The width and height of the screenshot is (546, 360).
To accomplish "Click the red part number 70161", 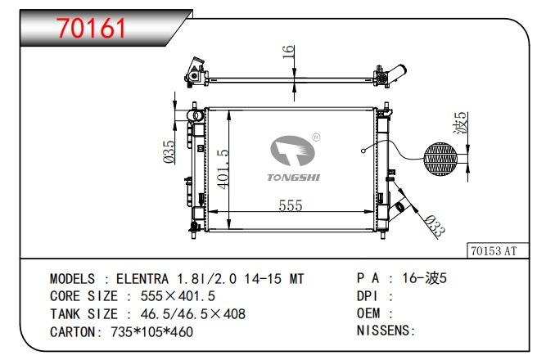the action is (91, 28).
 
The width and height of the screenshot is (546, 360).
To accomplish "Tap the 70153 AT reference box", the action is (498, 250).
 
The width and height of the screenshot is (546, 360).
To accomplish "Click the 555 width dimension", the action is (291, 205).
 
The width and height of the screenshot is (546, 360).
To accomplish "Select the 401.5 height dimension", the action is (223, 169).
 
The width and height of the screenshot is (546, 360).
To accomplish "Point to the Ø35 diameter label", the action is (169, 152).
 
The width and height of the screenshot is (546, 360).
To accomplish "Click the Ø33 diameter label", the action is (435, 226).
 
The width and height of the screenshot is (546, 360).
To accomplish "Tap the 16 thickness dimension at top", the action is (289, 52).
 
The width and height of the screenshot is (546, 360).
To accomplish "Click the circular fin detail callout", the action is (441, 159).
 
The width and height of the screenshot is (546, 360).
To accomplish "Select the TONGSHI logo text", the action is (294, 178).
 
